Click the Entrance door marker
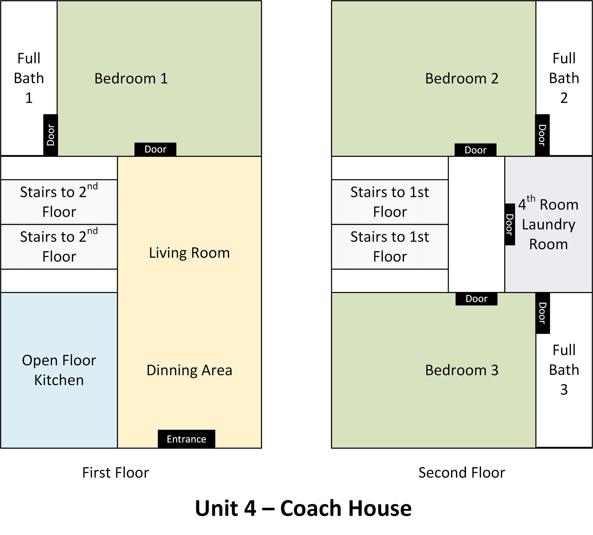tap(186, 439)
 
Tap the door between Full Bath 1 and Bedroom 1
tap(51, 135)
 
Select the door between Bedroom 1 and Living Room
tap(155, 149)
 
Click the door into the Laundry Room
tap(510, 224)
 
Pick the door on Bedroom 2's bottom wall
tap(476, 150)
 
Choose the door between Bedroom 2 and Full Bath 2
tap(542, 135)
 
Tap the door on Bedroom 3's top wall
tap(477, 299)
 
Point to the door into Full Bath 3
tap(543, 313)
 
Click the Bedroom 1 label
tap(131, 78)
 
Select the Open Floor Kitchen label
tap(59, 370)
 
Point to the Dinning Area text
tap(189, 370)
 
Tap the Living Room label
tap(189, 253)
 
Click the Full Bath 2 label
tap(564, 78)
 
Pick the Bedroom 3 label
tap(462, 370)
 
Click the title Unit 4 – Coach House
tap(303, 508)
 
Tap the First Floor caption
tap(116, 473)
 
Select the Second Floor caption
tap(462, 473)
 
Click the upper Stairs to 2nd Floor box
tap(59, 202)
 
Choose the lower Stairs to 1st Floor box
tap(390, 247)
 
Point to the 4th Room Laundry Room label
tap(548, 224)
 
